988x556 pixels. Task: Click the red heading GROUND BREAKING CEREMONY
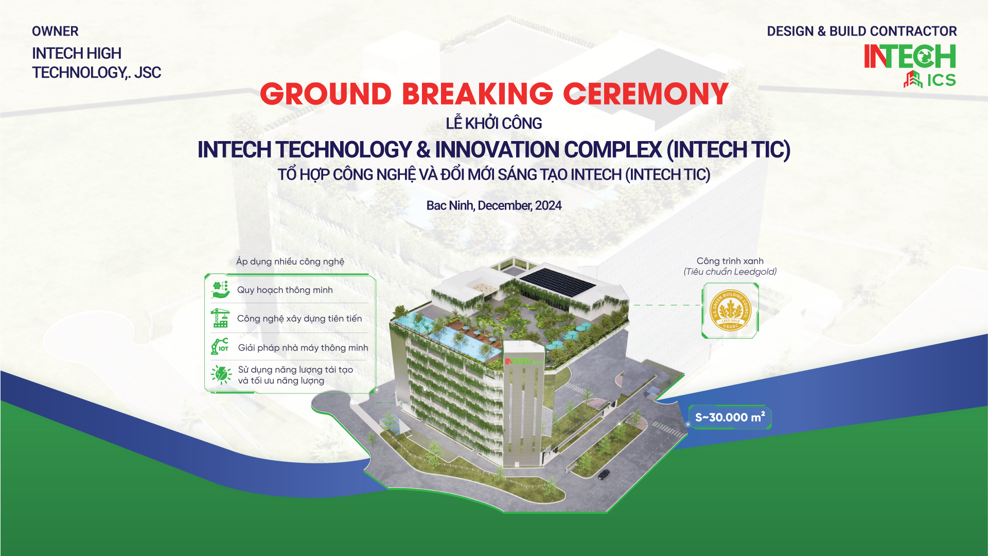(x=494, y=94)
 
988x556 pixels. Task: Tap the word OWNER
(x=55, y=31)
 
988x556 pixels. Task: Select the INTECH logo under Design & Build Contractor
(x=910, y=56)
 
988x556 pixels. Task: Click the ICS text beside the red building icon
(x=941, y=80)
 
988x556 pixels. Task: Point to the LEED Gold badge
(x=730, y=310)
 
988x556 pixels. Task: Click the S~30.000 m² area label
(x=730, y=418)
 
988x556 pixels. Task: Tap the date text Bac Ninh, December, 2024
(x=494, y=206)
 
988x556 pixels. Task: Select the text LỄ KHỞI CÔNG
(x=494, y=124)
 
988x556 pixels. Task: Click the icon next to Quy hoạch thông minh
(x=221, y=290)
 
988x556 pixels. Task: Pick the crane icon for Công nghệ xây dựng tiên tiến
(x=220, y=318)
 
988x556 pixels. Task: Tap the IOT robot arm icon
(x=220, y=346)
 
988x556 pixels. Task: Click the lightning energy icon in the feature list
(x=221, y=374)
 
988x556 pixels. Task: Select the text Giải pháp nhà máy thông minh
(x=303, y=348)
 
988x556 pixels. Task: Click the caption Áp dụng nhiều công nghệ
(x=290, y=262)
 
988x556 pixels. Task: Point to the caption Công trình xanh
(x=730, y=261)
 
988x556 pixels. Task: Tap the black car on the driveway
(x=604, y=474)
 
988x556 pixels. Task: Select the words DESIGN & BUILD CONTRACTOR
(x=862, y=31)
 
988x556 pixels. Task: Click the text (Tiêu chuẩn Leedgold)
(x=730, y=272)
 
